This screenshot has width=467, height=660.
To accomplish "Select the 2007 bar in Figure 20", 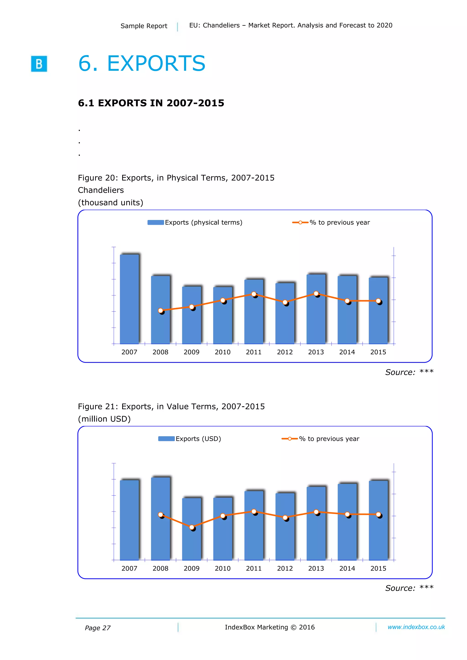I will pos(129,299).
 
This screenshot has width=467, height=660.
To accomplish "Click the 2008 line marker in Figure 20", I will pos(161,311).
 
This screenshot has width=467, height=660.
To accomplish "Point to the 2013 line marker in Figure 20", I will pos(316,293).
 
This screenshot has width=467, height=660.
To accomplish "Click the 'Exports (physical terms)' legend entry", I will pos(195,223).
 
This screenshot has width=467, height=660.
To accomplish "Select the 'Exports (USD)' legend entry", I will pos(190,439).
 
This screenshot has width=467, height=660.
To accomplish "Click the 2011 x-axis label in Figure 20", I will pos(254,352).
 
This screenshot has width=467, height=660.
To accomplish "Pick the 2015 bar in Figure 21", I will pos(378,520).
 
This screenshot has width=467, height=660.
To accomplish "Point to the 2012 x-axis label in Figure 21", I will pos(285,568).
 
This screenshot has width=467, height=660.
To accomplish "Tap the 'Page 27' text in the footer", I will pos(98,628).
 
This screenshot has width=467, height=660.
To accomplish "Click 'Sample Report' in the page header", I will pos(144,26).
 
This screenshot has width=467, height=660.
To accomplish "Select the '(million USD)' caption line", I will pos(104,419).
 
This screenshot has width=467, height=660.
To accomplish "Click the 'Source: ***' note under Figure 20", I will pos(409,372).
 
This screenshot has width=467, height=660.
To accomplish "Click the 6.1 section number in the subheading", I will pos(86,103).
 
